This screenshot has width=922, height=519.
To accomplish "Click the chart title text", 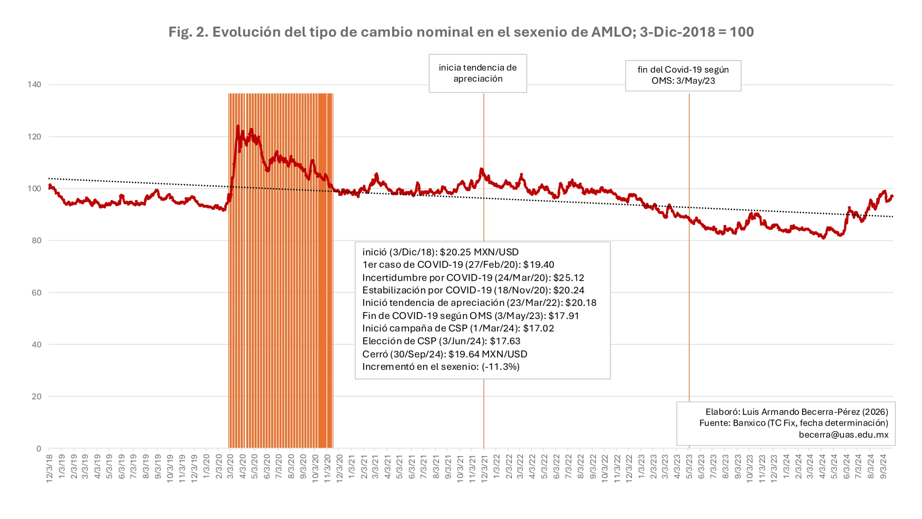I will [x=461, y=32].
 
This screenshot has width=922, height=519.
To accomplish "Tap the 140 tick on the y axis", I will [x=34, y=85].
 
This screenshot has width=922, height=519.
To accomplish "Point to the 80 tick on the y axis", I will [x=36, y=240].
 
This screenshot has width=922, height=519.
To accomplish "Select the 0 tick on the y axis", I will [x=39, y=449].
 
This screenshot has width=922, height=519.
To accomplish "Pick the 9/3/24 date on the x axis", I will [x=883, y=467].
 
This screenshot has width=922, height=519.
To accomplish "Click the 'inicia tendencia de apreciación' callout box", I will [x=478, y=73].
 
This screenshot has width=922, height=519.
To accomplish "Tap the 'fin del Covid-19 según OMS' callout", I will [x=683, y=75].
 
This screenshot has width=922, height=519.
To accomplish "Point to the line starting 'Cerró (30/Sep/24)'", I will [x=444, y=354].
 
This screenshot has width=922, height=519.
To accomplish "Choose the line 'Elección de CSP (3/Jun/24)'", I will [x=441, y=341].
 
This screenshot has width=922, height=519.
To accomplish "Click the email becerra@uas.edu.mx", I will [x=843, y=435].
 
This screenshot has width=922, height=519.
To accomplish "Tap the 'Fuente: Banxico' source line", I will [x=793, y=423].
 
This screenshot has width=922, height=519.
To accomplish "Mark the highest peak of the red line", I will [x=238, y=126].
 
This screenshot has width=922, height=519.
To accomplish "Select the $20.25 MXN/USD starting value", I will [x=479, y=252].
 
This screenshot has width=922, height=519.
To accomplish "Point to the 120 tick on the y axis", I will [x=34, y=137].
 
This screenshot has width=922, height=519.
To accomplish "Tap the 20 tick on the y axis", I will [x=36, y=397].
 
